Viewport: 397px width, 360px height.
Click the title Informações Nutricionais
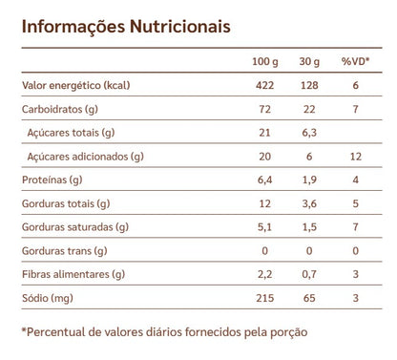125,26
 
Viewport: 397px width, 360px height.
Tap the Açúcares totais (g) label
73,132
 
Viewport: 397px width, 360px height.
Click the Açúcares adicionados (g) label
86,156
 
